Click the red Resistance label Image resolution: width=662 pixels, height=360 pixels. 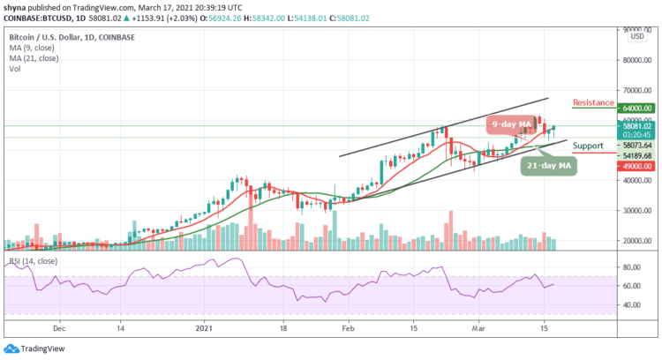click(x=593, y=102)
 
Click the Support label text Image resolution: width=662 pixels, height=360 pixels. click(x=589, y=146)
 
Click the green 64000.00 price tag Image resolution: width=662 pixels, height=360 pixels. click(x=636, y=108)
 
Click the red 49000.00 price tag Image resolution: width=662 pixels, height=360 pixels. click(x=636, y=164)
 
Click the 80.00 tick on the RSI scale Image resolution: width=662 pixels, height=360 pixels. click(x=629, y=266)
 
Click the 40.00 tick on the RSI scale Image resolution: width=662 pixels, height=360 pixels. click(x=629, y=304)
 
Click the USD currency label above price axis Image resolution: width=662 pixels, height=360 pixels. click(x=636, y=36)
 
